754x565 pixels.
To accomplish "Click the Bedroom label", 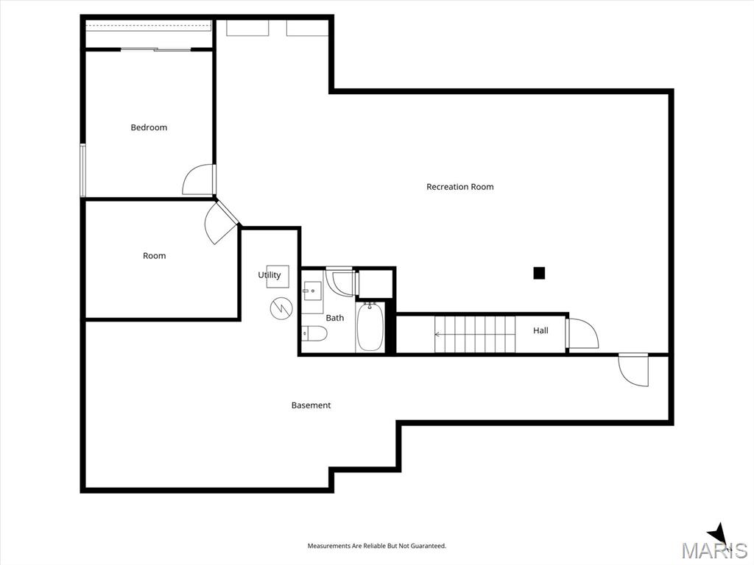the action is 149,127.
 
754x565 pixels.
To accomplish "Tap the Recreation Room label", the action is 459,186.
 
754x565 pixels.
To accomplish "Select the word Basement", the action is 311,405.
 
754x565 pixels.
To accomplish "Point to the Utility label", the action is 269,275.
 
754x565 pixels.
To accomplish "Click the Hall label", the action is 540,330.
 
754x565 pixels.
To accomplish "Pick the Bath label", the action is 335,318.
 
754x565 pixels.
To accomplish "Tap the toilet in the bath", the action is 314,333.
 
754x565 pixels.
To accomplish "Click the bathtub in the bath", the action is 370,327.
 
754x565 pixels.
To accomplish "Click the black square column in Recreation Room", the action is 539,273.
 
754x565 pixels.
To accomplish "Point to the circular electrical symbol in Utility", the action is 281,308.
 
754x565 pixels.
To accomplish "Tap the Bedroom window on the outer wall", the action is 82,170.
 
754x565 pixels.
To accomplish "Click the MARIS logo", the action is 714,549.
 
